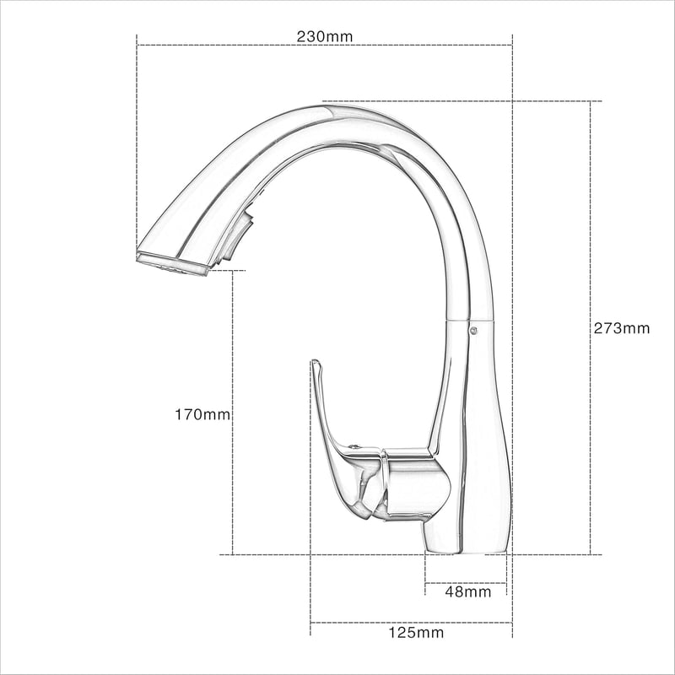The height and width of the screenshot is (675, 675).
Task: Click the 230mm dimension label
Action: pos(325,36)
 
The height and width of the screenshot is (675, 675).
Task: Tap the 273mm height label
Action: pos(622,328)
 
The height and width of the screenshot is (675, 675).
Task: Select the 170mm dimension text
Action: pos(202,414)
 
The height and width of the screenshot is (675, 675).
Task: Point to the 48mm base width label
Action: pos(468,591)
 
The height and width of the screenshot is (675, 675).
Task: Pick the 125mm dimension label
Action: pos(416,632)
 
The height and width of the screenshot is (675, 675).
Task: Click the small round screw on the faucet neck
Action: pos(473,330)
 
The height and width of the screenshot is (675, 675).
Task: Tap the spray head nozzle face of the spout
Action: pos(173,264)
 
